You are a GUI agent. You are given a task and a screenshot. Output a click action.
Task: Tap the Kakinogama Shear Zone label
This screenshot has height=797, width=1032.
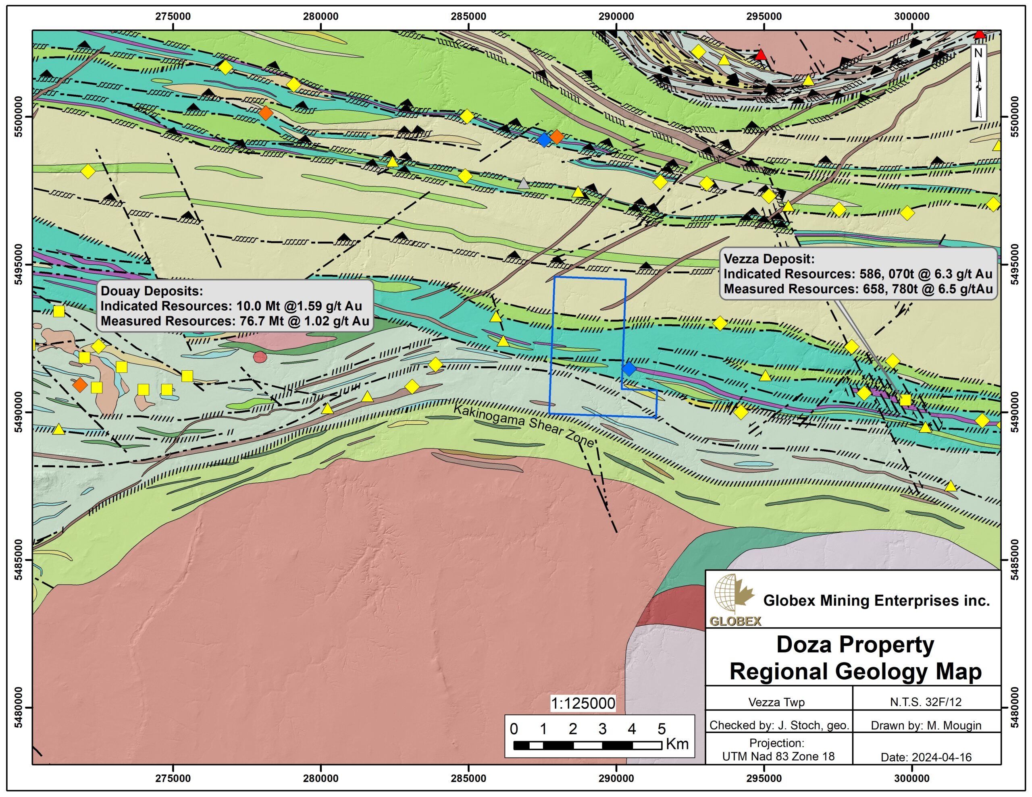524,425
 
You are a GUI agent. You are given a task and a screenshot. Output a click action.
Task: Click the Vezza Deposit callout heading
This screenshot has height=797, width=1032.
769,259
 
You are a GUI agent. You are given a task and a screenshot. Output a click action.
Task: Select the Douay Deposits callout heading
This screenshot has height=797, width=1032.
152,291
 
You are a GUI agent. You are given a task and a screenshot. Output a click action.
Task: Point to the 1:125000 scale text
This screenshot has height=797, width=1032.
583,704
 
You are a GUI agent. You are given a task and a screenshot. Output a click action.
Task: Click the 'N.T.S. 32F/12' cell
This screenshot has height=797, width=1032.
926,702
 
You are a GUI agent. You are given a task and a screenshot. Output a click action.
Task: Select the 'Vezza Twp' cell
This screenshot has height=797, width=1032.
776,702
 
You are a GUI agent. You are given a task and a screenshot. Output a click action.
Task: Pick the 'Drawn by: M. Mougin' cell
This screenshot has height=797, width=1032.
926,725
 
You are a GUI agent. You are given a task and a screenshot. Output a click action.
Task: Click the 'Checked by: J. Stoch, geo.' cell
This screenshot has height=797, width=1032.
779,725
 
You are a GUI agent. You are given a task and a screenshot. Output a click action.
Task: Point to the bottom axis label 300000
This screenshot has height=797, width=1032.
911,778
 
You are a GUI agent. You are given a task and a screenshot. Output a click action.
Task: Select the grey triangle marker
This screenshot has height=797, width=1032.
523,183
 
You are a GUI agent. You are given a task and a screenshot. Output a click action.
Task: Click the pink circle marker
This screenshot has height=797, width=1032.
260,357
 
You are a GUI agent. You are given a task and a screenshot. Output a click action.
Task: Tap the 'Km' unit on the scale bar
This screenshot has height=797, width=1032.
677,744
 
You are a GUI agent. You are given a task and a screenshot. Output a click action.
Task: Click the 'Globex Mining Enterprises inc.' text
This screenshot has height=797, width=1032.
876,600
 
